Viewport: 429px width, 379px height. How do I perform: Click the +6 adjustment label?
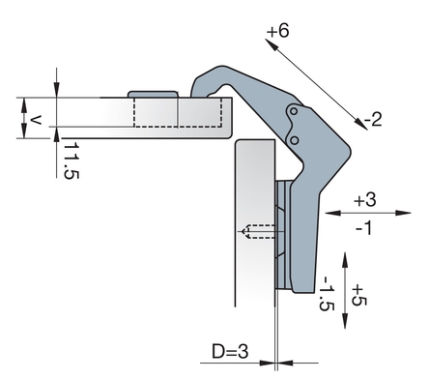click(278, 31)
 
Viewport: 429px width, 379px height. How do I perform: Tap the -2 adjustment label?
click(373, 119)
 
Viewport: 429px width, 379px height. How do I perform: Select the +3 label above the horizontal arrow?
click(365, 199)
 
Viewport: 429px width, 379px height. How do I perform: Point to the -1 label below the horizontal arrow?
click(364, 228)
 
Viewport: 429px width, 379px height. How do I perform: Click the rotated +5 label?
click(359, 295)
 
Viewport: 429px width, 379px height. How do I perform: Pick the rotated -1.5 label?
click(326, 293)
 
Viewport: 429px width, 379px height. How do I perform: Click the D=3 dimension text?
click(230, 351)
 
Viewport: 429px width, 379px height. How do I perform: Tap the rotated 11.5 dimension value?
click(71, 160)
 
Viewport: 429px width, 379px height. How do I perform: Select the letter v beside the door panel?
click(36, 120)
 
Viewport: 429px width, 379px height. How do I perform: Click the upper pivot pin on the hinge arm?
click(294, 111)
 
